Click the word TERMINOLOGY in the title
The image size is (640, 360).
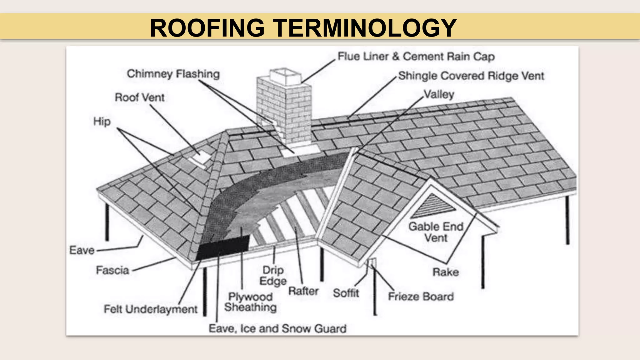365,28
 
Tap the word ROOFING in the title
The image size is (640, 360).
207,28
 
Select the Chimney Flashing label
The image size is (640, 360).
173,74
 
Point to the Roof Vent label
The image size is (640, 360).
139,97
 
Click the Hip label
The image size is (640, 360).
102,121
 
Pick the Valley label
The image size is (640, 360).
439,94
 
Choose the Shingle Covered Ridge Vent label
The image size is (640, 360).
471,76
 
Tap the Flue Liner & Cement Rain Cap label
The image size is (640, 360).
416,57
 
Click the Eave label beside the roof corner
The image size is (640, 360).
82,250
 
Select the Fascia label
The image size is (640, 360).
112,270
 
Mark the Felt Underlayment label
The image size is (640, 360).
151,309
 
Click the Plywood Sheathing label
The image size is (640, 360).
250,302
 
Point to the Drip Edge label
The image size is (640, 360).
273,276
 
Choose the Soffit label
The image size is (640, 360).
346,293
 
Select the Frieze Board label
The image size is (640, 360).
421,297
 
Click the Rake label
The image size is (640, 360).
446,272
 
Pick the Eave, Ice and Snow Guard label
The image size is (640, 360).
277,329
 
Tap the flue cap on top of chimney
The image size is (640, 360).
285,76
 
